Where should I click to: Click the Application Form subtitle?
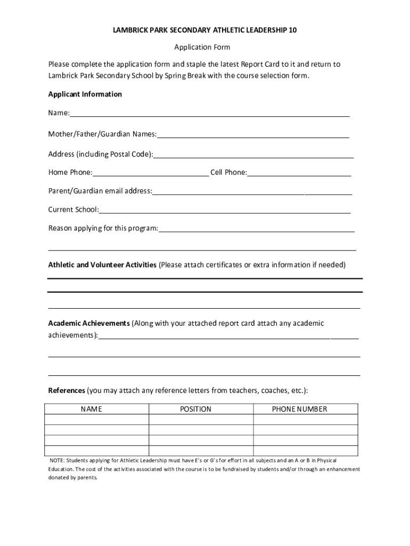[x=205, y=47]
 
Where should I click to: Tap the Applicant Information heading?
[x=85, y=94]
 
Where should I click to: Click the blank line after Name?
[x=210, y=114]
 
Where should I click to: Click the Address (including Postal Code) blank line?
[x=253, y=156]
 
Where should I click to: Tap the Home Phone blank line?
[x=151, y=173]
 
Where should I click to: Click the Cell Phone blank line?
[x=299, y=173]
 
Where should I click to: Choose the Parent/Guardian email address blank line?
[x=252, y=192]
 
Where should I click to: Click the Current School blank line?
[x=225, y=211]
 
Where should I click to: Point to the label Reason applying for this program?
[x=103, y=229]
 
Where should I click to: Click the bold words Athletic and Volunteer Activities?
[x=102, y=265]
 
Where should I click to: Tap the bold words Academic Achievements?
[x=89, y=324]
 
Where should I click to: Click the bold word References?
[x=67, y=391]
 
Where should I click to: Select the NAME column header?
[x=91, y=409]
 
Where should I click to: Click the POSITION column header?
[x=195, y=409]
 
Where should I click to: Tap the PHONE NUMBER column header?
[x=300, y=409]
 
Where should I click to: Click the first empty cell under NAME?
[x=96, y=420]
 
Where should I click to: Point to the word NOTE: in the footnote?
[x=56, y=460]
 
